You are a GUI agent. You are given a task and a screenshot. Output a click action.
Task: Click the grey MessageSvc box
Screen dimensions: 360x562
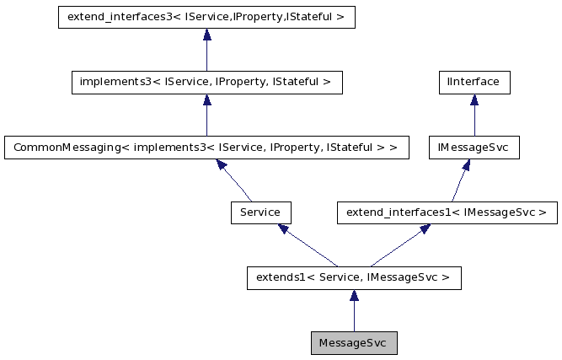(354, 343)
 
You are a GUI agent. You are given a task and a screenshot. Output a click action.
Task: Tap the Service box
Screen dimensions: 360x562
(260, 212)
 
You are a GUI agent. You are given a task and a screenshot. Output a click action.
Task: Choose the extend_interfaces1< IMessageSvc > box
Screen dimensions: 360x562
(447, 212)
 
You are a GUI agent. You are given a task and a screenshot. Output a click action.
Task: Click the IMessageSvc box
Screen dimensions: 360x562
(474, 148)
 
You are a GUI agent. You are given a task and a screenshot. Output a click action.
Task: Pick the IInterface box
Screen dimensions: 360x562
(474, 82)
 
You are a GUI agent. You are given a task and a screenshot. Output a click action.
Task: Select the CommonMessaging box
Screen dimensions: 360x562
(206, 148)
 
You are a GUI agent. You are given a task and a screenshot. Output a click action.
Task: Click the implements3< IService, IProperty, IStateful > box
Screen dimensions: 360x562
(206, 82)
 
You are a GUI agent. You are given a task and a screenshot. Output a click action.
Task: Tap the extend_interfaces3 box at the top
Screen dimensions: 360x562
(206, 17)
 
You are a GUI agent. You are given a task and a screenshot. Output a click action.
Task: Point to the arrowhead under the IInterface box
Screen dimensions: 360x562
(474, 100)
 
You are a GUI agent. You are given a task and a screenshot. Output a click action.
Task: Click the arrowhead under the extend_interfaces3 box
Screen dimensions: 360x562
(206, 35)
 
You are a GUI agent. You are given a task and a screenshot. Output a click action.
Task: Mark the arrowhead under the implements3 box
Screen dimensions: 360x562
(206, 100)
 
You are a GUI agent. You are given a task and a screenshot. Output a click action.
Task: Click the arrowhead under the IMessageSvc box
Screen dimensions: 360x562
(465, 165)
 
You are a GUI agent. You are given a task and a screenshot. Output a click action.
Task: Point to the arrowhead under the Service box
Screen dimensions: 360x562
(284, 228)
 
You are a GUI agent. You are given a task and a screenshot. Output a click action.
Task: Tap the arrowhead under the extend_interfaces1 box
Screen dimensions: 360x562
(425, 228)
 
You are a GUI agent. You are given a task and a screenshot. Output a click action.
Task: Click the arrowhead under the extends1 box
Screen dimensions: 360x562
(354, 296)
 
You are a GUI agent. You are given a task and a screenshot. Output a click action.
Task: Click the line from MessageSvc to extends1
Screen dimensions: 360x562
(354, 317)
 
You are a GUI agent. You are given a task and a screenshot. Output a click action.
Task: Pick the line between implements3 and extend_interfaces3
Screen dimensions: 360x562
(206, 56)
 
